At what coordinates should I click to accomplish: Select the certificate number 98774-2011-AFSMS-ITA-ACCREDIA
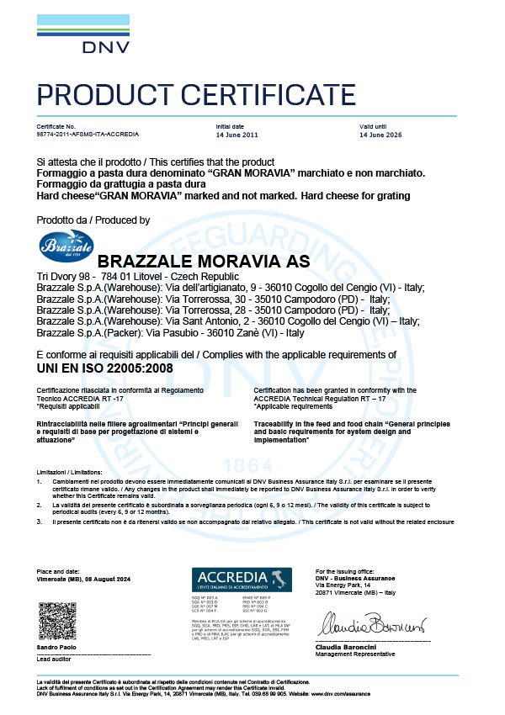(x=88, y=134)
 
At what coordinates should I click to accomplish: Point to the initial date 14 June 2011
(x=237, y=134)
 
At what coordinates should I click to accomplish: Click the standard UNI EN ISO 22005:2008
(x=103, y=368)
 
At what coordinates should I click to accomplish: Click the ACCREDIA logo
(x=242, y=579)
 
